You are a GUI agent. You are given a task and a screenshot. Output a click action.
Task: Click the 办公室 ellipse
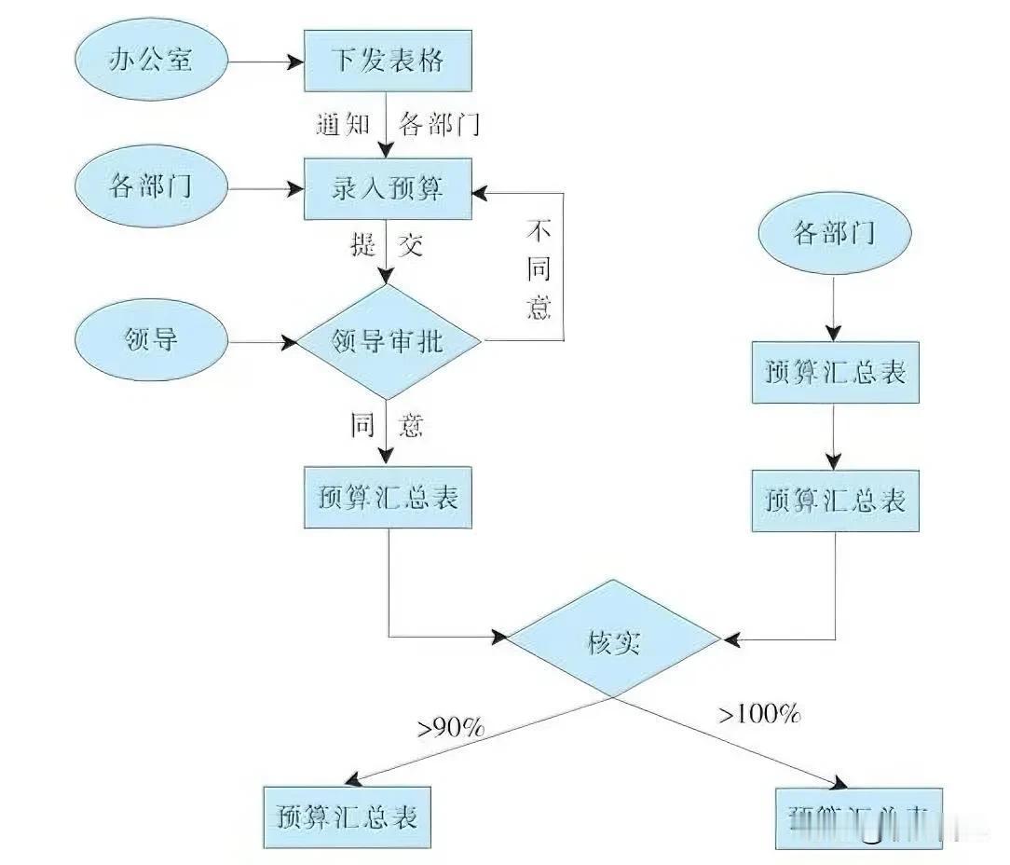(151, 62)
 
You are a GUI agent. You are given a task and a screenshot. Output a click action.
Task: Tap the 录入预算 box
(388, 189)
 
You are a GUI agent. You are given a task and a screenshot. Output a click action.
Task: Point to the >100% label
(758, 715)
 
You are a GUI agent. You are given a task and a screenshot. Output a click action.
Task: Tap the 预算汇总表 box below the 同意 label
(388, 498)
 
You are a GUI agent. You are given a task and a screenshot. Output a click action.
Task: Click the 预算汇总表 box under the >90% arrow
(346, 817)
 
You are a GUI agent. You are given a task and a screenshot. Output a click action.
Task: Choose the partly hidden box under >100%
(858, 817)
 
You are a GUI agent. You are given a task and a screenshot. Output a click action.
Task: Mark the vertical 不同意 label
(539, 269)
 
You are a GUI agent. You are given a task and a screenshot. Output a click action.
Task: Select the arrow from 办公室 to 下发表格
(266, 62)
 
